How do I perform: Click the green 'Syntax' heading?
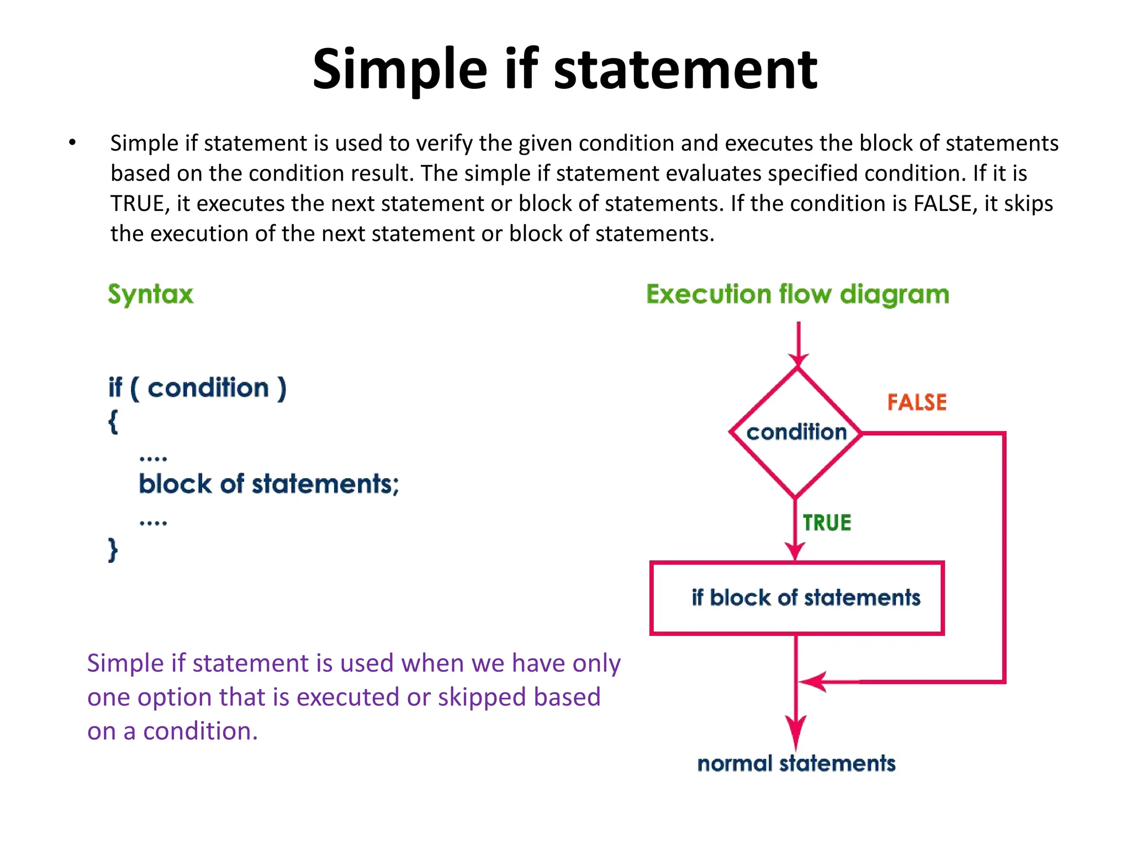[x=151, y=294]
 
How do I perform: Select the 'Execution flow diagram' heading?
[x=797, y=294]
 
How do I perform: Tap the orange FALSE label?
[x=917, y=402]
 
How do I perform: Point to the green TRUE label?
[x=827, y=522]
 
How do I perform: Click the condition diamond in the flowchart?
[x=796, y=432]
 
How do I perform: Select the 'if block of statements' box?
[x=797, y=598]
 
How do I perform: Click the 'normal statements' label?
[x=796, y=764]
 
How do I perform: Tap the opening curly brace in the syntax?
[x=113, y=422]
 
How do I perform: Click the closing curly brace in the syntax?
[x=113, y=550]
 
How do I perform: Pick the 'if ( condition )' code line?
[x=197, y=388]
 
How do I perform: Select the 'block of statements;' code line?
[x=268, y=484]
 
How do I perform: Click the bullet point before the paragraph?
[x=72, y=143]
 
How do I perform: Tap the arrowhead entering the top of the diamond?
[x=799, y=361]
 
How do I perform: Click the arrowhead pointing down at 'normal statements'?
[x=796, y=732]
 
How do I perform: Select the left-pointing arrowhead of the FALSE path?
[x=812, y=682]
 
